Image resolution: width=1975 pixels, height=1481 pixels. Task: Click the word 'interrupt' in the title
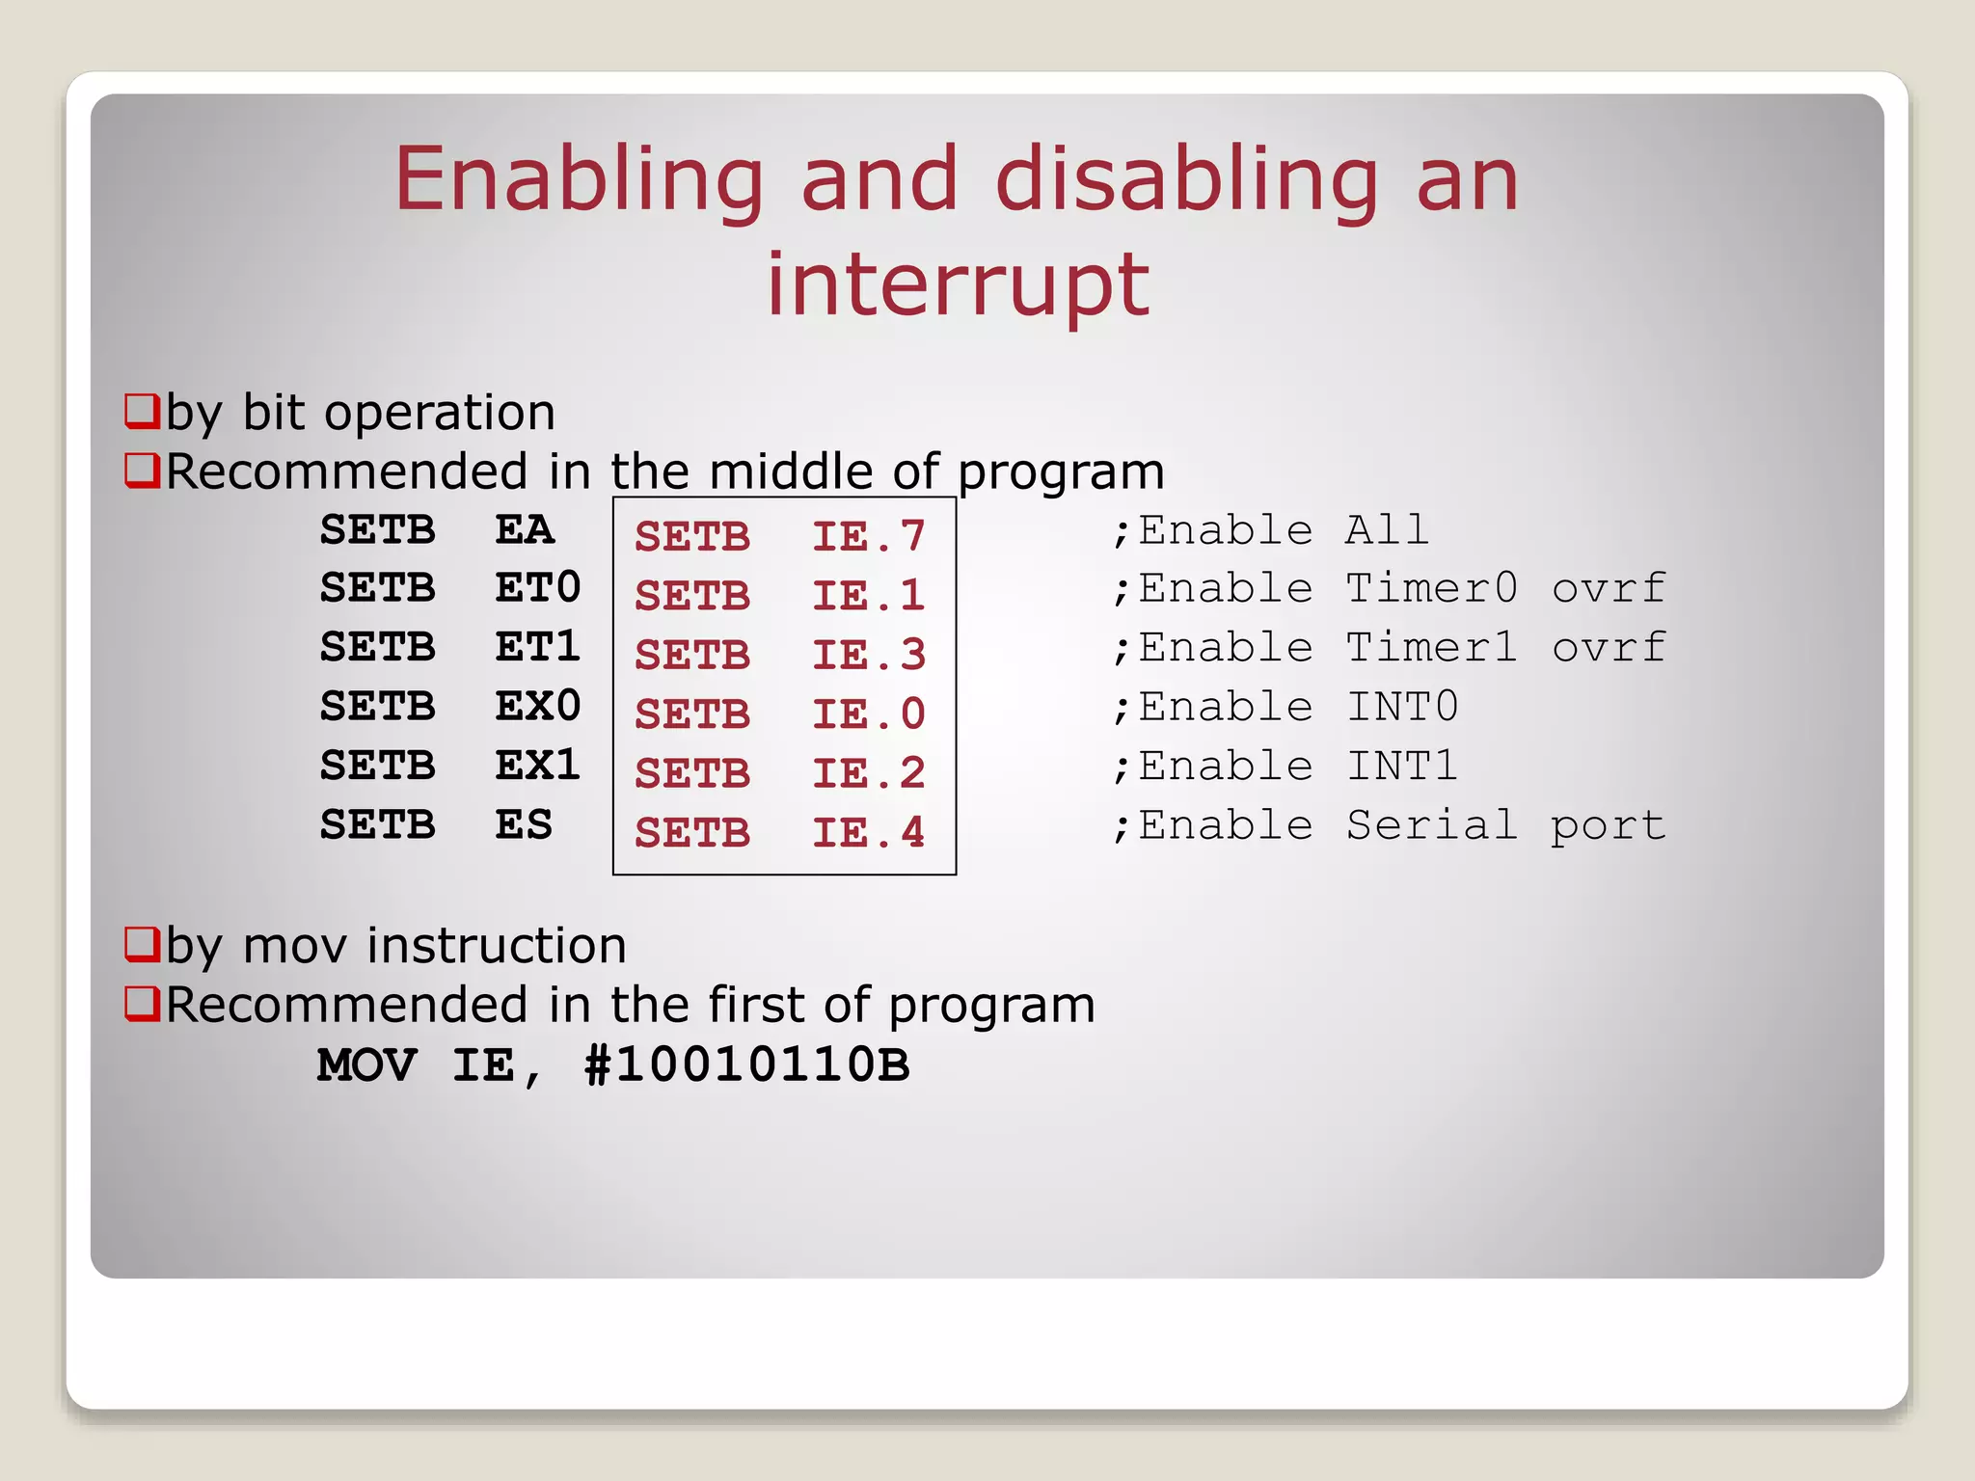(958, 284)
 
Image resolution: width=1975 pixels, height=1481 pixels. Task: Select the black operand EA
(525, 530)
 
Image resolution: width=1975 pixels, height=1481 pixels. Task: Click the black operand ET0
(537, 588)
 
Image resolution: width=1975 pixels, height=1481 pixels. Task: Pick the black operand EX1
(537, 766)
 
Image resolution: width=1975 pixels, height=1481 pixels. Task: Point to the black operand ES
(524, 825)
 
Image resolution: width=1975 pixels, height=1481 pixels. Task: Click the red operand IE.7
(868, 537)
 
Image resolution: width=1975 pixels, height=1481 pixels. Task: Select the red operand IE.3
(868, 656)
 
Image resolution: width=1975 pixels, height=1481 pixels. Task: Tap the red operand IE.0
(868, 714)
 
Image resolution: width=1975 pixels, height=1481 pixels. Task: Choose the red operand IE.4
(868, 833)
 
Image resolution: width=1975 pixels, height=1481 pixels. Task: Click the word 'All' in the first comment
(1386, 530)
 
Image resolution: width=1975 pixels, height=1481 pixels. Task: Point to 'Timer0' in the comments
(1431, 588)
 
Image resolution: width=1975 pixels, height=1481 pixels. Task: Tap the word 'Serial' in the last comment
(1431, 825)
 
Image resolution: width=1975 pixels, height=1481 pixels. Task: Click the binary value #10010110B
(746, 1065)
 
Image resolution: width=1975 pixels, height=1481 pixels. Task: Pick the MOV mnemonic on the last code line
(367, 1065)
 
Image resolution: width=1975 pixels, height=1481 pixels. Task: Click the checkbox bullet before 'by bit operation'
(142, 411)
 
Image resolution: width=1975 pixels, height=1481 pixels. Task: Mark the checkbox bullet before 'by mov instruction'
(142, 944)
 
